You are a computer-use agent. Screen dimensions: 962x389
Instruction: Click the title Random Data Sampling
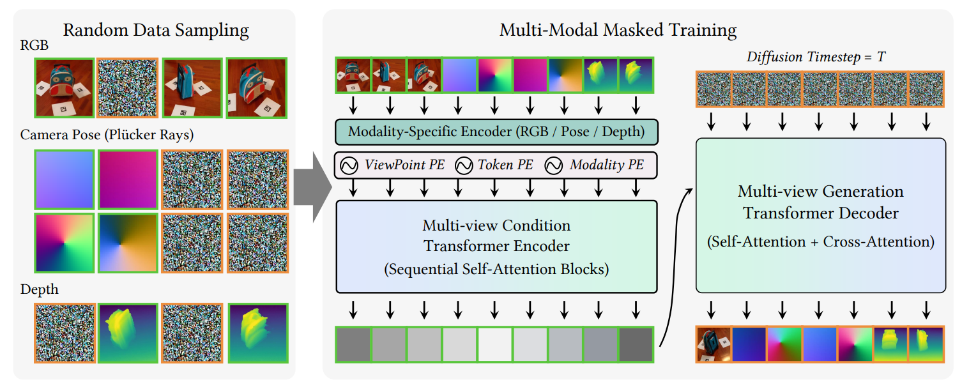point(156,31)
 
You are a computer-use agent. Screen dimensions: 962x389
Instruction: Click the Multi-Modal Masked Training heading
point(618,31)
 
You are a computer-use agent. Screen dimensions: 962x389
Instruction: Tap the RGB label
point(34,45)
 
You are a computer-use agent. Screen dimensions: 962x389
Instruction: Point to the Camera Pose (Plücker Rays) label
point(107,135)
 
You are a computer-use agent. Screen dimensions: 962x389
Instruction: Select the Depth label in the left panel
point(39,289)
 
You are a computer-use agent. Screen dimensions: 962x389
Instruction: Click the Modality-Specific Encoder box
point(496,132)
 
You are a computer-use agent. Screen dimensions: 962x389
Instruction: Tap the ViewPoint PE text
point(404,165)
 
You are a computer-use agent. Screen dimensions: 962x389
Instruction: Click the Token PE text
point(505,165)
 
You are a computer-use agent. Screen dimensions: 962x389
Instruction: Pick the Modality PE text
point(606,165)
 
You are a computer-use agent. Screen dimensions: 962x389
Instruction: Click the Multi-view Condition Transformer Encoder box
point(496,247)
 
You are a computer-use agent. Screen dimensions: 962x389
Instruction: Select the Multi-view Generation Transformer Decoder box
point(821,215)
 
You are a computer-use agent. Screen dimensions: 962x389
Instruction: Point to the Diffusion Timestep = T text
point(816,57)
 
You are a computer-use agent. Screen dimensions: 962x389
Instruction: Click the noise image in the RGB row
point(128,88)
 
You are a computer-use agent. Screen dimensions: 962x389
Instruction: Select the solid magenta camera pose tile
point(128,179)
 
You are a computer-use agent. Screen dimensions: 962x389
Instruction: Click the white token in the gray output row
point(495,345)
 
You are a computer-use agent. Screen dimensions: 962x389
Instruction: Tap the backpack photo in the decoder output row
point(714,344)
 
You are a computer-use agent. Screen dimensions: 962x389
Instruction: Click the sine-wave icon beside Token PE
point(464,165)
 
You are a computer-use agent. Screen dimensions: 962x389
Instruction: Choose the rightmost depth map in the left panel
point(257,333)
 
